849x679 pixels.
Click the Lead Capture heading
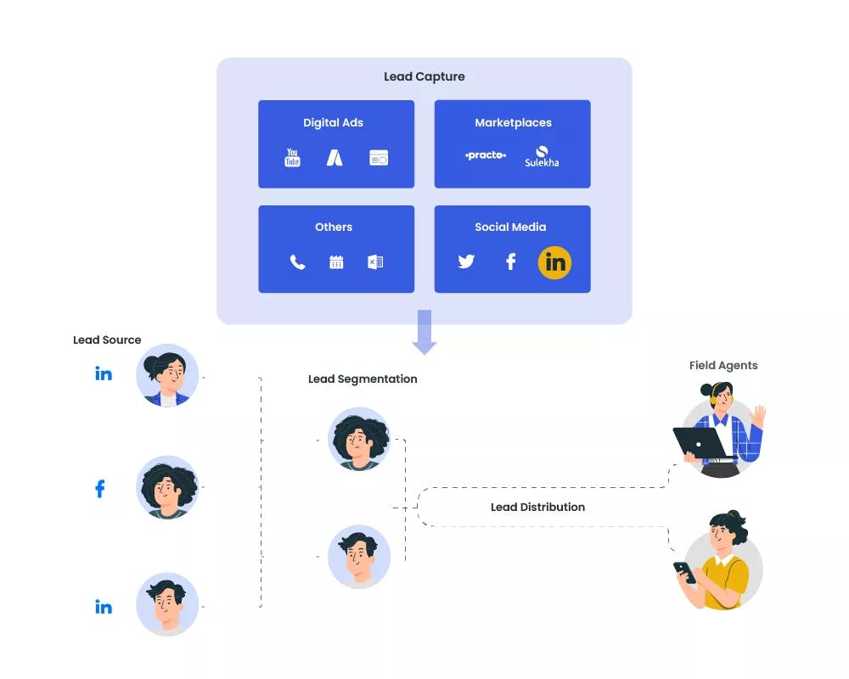point(424,76)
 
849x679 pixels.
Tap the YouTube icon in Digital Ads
point(292,158)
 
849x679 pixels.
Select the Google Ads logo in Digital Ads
point(335,158)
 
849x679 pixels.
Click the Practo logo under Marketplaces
point(486,155)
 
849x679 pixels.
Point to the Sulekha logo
point(542,157)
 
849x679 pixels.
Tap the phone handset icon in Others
point(297,262)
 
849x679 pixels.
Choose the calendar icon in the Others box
point(336,262)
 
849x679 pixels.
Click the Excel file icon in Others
point(375,262)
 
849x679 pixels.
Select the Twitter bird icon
point(466,261)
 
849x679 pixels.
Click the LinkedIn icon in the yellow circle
point(554,262)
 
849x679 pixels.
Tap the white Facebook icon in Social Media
point(510,261)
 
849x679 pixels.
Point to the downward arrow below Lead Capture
point(424,333)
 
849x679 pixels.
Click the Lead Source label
point(107,339)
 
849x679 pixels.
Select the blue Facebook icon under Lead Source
point(100,488)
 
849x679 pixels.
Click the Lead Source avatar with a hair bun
point(167,376)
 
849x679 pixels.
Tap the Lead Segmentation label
point(363,379)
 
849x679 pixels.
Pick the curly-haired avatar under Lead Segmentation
point(359,439)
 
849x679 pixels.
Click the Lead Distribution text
point(537,507)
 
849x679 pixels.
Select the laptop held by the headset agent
point(700,442)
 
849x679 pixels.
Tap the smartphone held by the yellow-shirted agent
point(684,572)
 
